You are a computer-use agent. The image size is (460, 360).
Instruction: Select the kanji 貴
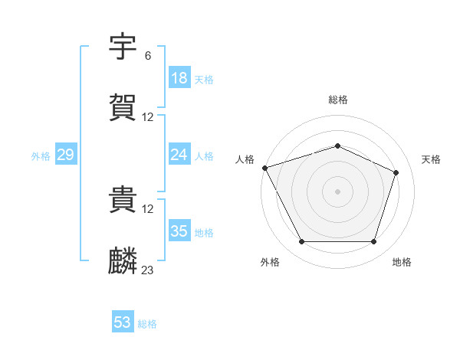[x=123, y=201]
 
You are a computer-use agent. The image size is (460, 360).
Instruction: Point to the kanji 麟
[x=123, y=261]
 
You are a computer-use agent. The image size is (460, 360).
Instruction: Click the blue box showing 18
[x=179, y=78]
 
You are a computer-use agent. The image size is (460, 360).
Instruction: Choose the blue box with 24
[x=179, y=155]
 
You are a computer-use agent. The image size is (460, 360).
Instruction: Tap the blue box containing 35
[x=179, y=231]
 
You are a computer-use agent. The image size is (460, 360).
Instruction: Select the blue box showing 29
[x=65, y=155]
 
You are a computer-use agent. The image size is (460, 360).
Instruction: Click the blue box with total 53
[x=123, y=322]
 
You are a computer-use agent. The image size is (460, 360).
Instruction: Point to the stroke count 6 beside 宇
[x=148, y=56]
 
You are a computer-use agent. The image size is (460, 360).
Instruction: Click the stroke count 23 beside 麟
[x=148, y=270]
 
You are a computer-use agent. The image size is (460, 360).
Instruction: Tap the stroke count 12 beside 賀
[x=148, y=117]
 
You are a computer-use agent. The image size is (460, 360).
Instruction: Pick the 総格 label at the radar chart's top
[x=338, y=100]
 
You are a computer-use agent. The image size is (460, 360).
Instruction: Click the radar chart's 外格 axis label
[x=270, y=262]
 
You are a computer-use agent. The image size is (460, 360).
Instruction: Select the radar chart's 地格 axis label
[x=402, y=262]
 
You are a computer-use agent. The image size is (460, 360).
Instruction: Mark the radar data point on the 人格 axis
[x=264, y=168]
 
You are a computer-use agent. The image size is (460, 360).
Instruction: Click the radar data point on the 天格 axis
[x=396, y=172]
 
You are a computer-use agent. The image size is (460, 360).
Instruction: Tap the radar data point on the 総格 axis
[x=338, y=146]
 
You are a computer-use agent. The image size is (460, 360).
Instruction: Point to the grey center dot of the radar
[x=338, y=191]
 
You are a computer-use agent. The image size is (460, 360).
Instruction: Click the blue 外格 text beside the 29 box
[x=41, y=155]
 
